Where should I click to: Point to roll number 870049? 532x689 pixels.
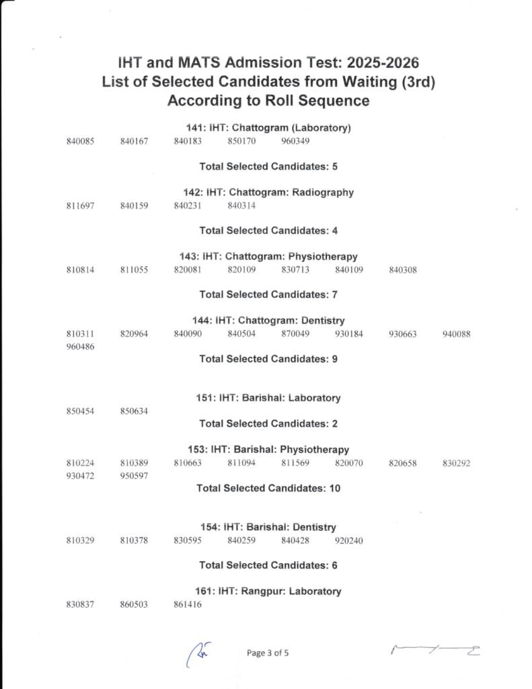click(x=295, y=334)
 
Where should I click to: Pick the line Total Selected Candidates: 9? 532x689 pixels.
click(x=268, y=359)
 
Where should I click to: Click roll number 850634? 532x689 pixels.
click(x=134, y=410)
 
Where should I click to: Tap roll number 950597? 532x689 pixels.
click(x=134, y=476)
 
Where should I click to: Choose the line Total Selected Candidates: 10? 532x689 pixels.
click(x=268, y=488)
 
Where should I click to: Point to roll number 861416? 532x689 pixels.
click(x=188, y=604)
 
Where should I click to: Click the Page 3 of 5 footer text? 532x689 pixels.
click(x=268, y=653)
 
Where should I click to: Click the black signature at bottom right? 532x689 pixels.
click(x=436, y=651)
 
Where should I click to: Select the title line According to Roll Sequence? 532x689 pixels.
click(x=268, y=101)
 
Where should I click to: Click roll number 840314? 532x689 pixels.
click(x=241, y=205)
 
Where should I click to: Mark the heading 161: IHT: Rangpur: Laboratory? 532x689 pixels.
click(x=268, y=591)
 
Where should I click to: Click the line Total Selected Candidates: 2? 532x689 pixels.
click(x=268, y=423)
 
